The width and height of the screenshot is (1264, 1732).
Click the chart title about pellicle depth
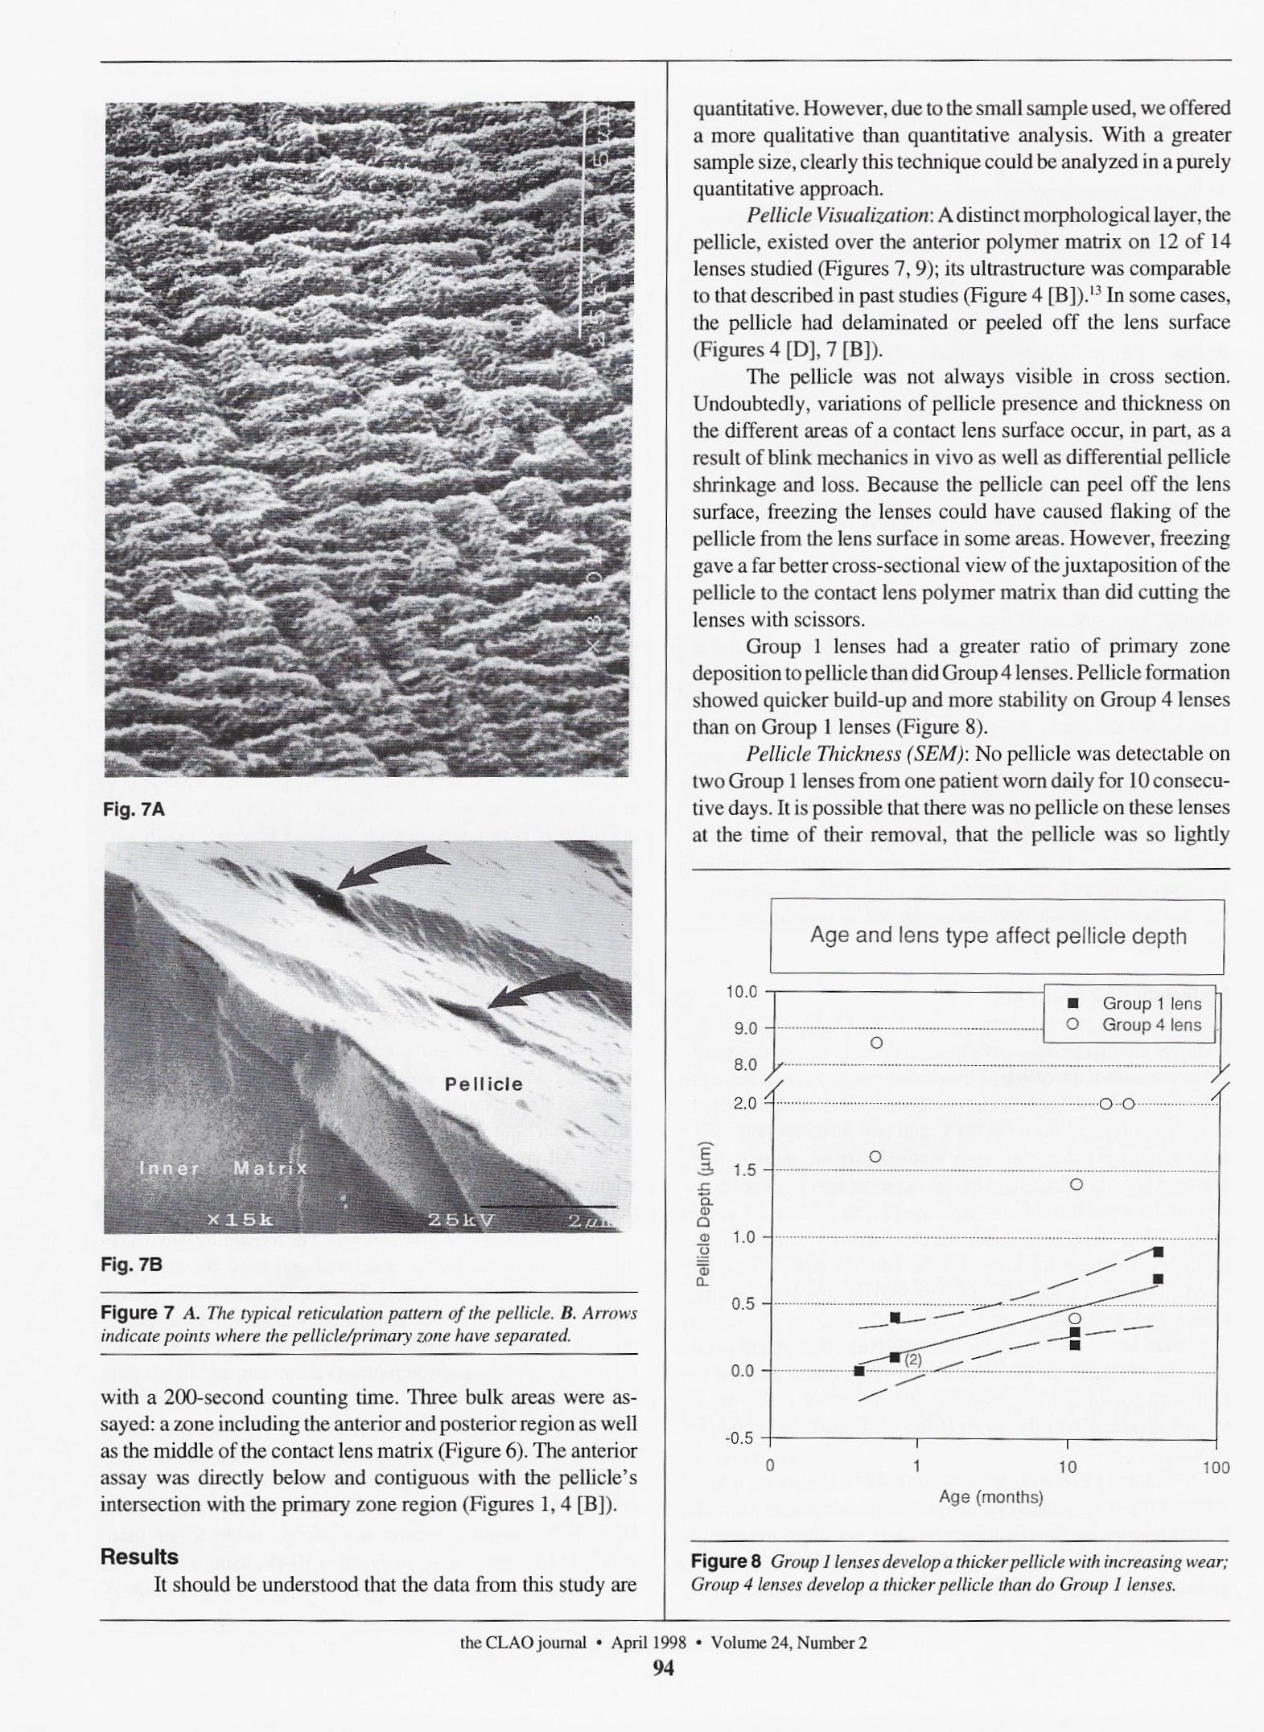click(998, 936)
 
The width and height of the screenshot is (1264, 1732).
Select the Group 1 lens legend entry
click(1138, 1003)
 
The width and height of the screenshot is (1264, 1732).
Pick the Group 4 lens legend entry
click(1138, 1025)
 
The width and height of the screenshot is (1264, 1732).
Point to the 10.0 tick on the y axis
click(742, 991)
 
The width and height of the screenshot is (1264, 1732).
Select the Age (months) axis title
click(990, 1497)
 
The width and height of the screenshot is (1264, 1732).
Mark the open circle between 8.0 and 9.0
click(877, 1043)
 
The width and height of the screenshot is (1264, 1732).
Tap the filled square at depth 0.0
click(858, 1371)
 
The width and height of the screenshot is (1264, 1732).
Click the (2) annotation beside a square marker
click(912, 1360)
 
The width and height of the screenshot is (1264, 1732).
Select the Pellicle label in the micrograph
click(484, 1084)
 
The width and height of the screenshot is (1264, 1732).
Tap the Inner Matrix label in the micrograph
click(223, 1168)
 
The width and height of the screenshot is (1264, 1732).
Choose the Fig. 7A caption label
click(134, 810)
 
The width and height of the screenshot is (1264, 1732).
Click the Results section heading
click(139, 1557)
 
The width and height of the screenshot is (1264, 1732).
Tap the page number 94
click(663, 1668)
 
